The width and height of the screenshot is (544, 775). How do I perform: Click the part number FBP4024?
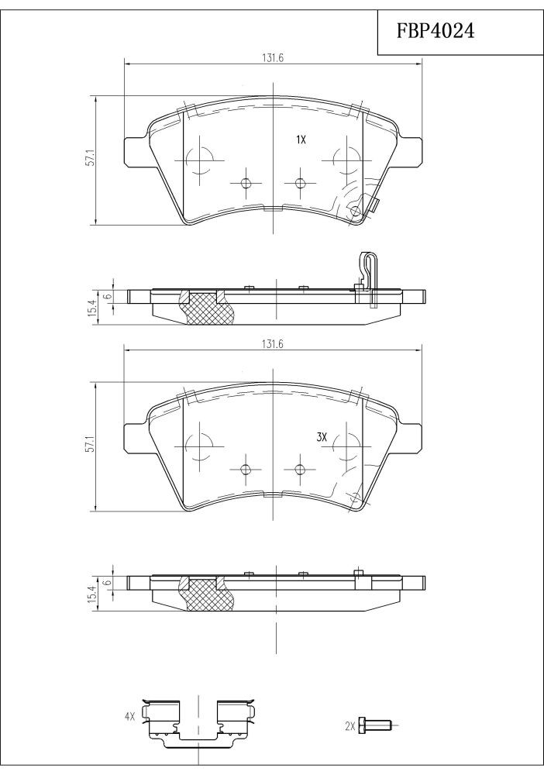pos(436,31)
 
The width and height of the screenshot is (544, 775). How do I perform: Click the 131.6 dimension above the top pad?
pos(272,58)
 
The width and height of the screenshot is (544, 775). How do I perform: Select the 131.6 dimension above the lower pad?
pos(272,345)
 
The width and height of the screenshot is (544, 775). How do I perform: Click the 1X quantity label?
pos(301,139)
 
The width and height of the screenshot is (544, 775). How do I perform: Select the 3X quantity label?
pos(322,436)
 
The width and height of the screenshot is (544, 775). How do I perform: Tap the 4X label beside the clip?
pos(130,716)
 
